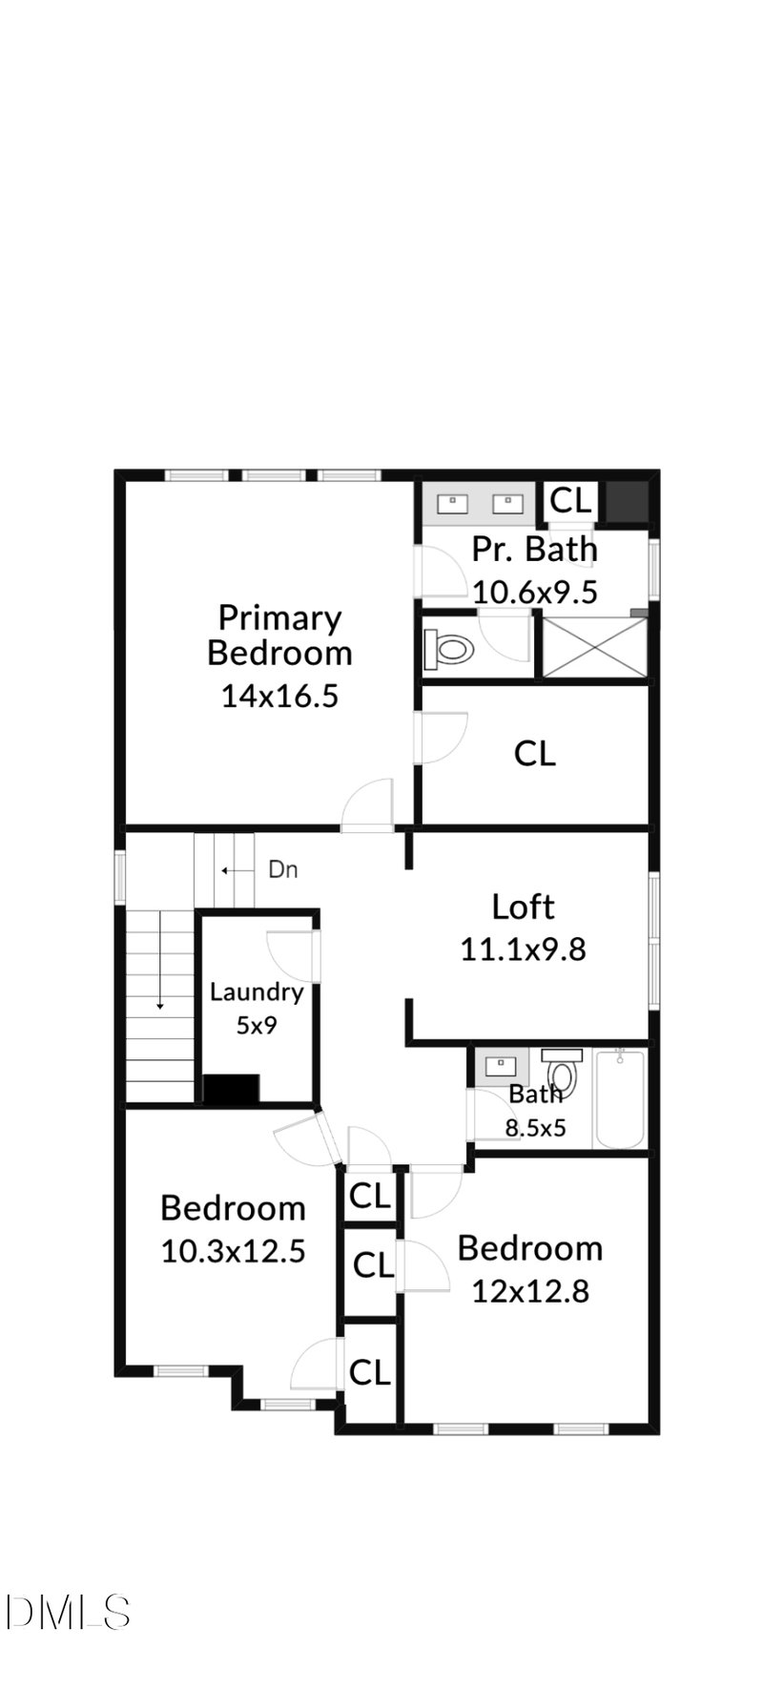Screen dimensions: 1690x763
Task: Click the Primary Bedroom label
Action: pyautogui.click(x=279, y=636)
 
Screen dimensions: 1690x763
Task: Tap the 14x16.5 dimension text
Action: pyautogui.click(x=279, y=697)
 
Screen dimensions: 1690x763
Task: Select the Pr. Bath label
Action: pyautogui.click(x=534, y=550)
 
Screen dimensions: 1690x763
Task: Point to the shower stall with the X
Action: pyautogui.click(x=595, y=648)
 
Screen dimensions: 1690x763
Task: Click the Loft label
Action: pyautogui.click(x=523, y=907)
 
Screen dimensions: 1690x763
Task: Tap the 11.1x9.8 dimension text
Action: pyautogui.click(x=523, y=949)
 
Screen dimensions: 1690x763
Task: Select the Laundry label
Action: pyautogui.click(x=257, y=992)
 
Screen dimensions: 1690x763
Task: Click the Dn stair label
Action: pyautogui.click(x=282, y=869)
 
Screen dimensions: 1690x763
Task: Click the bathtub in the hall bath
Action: pyautogui.click(x=620, y=1098)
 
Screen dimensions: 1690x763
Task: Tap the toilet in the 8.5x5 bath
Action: pyautogui.click(x=562, y=1073)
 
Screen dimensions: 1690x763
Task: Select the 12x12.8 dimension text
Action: pyautogui.click(x=530, y=1291)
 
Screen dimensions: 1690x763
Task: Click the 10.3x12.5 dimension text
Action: pyautogui.click(x=233, y=1251)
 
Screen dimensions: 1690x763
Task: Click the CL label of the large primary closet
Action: pyautogui.click(x=534, y=754)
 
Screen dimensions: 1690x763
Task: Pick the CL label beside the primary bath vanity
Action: pyautogui.click(x=571, y=500)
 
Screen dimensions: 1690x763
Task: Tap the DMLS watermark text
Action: pyautogui.click(x=67, y=1612)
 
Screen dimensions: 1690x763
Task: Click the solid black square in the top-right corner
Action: pyautogui.click(x=627, y=502)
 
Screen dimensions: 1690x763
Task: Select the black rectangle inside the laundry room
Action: pyautogui.click(x=232, y=1089)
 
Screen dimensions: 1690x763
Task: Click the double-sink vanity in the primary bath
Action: pyautogui.click(x=477, y=503)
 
